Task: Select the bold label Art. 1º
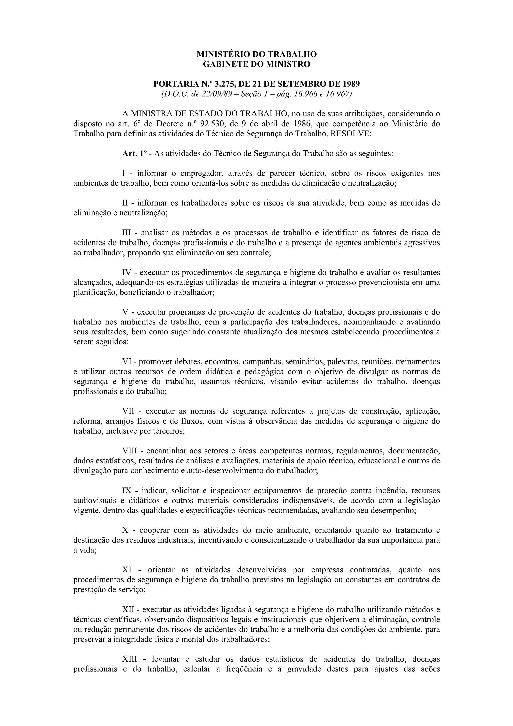tap(134, 154)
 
